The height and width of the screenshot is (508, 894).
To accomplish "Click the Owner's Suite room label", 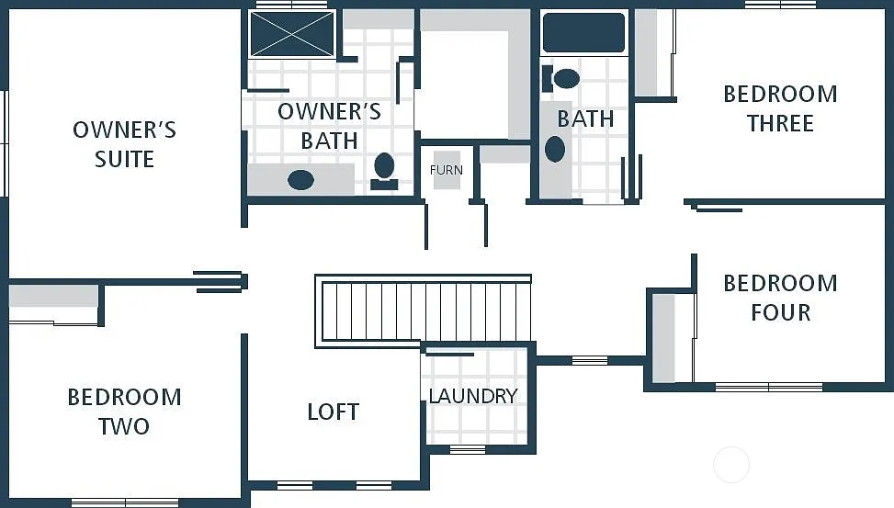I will pos(124,144).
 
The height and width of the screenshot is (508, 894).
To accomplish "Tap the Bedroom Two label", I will pos(124,412).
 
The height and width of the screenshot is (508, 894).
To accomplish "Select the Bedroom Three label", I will pos(780,108).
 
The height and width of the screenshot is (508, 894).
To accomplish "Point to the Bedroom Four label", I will pos(780,298).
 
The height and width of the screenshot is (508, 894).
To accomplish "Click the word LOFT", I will pos(333,412).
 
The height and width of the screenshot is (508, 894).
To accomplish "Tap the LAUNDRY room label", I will pos(473,396).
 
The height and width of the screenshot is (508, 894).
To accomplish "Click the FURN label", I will pos(447,170).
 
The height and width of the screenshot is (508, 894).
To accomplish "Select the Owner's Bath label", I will pos(329,126).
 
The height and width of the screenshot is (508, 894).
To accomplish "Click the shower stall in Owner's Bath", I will pos(292,34).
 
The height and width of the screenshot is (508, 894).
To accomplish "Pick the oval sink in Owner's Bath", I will pos(300,179).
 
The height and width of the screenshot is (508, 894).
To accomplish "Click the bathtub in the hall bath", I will pos(583,32).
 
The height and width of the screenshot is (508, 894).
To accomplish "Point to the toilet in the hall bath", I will pos(564,78).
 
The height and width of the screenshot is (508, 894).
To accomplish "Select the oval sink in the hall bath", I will pos(555,149).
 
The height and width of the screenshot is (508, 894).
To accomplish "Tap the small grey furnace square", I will pos(447,171).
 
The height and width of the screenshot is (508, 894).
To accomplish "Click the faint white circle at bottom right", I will pos(731,464).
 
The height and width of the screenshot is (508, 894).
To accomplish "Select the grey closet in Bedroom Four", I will pos(663,337).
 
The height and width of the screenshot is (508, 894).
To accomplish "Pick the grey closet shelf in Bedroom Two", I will pos(53,296).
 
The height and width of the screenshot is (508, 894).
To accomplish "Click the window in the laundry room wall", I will pos(468,449).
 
